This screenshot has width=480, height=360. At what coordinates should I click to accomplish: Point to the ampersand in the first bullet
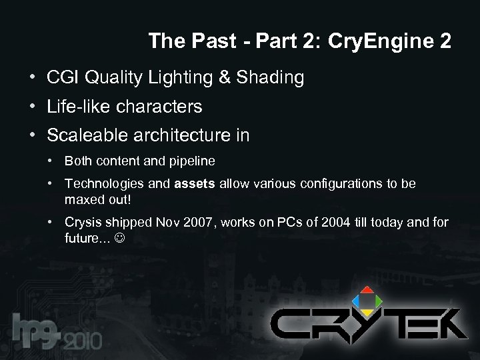point(224,78)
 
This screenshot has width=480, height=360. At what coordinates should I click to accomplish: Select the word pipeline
point(193,161)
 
